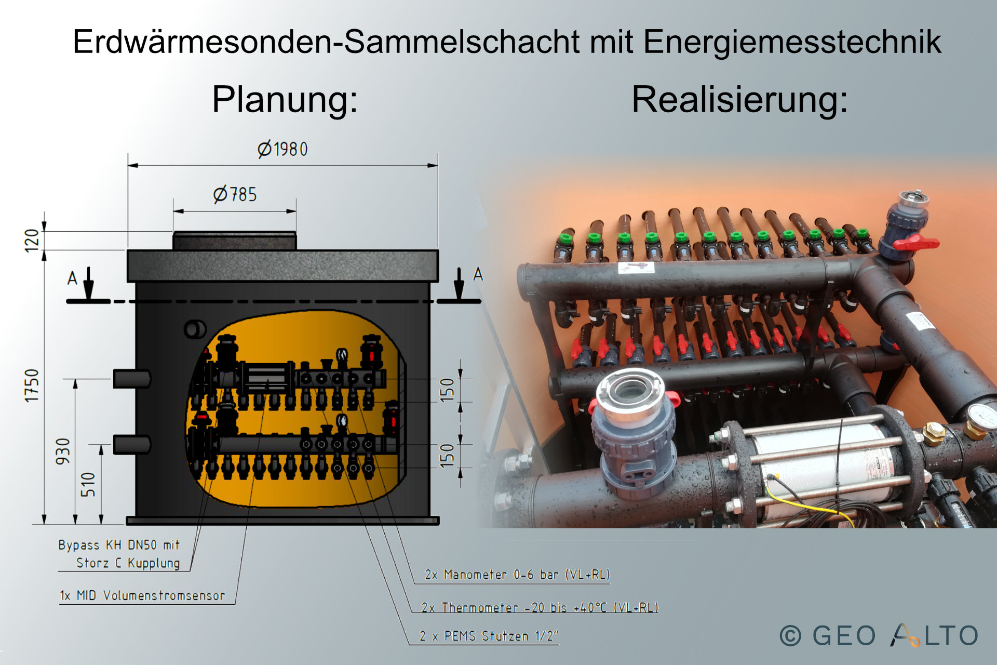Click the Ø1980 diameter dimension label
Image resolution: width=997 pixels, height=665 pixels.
coord(282,149)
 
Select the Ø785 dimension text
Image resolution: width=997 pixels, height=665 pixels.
coord(235,194)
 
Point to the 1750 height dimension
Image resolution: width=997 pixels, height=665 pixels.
coord(32,385)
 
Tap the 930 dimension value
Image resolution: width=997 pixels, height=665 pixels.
coord(62,451)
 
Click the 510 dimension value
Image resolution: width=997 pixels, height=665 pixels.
coord(88,484)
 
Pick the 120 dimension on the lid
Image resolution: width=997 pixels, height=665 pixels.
coord(32,241)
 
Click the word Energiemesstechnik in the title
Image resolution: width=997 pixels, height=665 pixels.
coord(792,42)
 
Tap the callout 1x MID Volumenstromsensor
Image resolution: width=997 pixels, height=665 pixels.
coord(142,595)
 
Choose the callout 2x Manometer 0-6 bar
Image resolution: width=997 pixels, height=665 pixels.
coord(517,575)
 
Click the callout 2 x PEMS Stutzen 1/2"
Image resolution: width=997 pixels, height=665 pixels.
coord(489,636)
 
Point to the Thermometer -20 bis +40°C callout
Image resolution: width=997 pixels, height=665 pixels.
coord(540,607)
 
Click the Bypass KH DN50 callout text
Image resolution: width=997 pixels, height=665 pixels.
coord(119,554)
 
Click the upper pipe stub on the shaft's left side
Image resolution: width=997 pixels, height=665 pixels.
coord(132,379)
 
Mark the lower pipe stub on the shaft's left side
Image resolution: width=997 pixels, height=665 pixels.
coord(132,445)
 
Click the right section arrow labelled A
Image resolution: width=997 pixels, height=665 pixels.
coord(459,284)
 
